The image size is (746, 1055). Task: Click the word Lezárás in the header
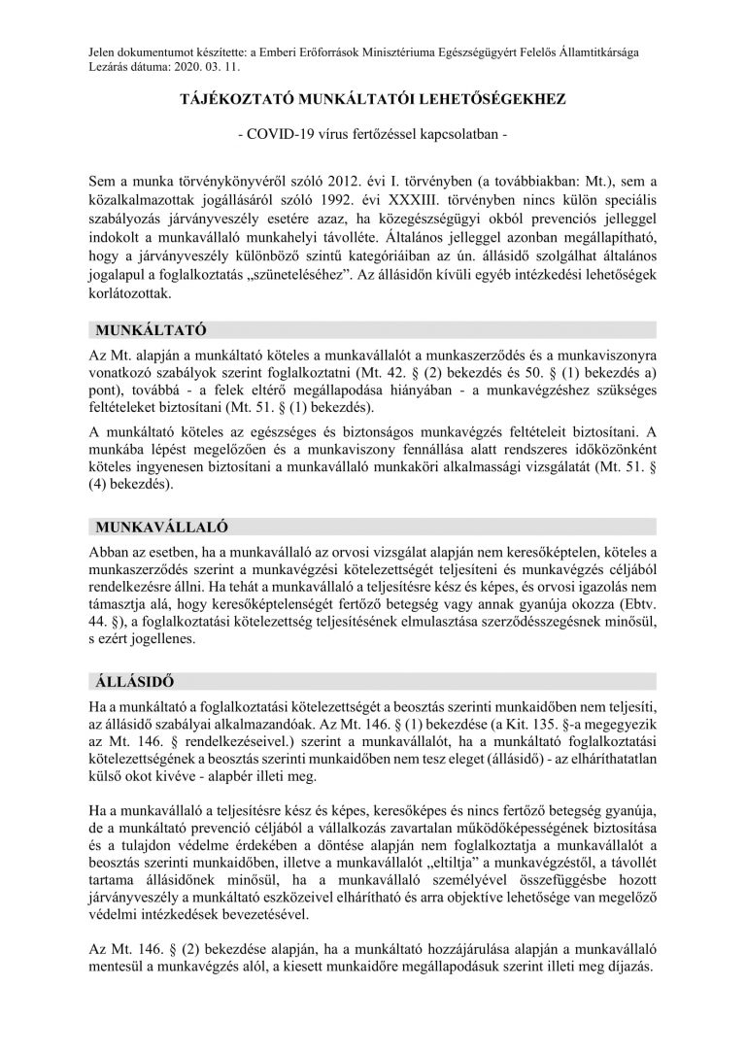(107, 69)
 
